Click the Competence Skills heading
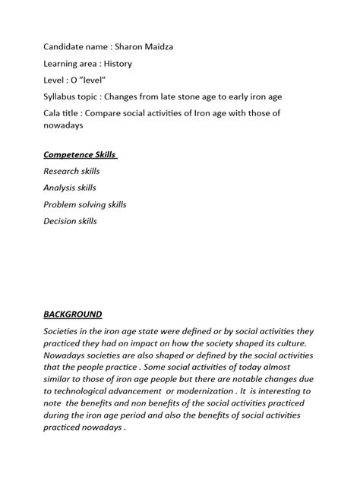(x=79, y=155)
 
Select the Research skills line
(x=71, y=172)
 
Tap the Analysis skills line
(x=70, y=188)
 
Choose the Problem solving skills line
(x=84, y=205)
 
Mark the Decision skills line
(x=70, y=222)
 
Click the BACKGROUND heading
(x=72, y=314)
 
